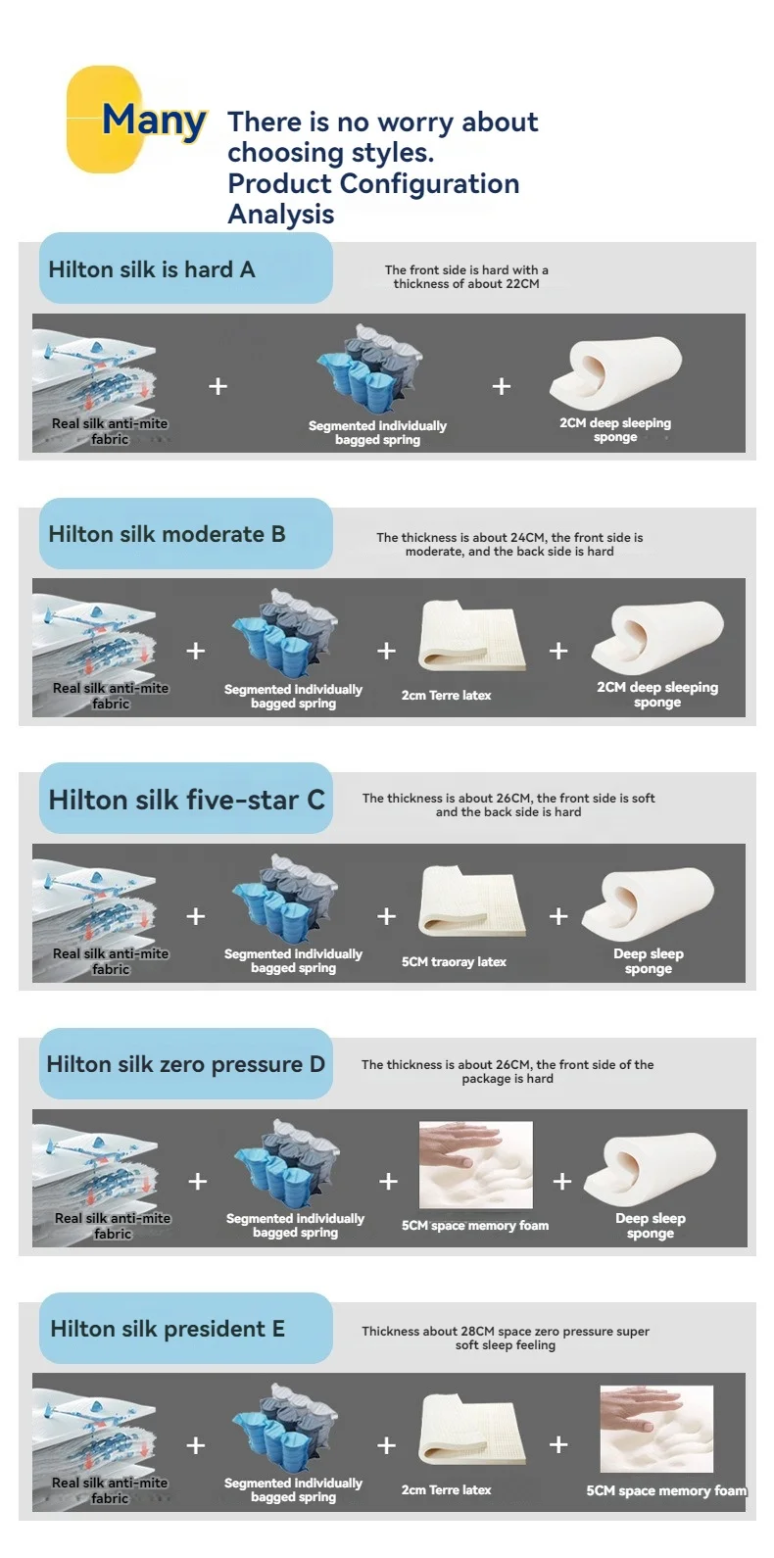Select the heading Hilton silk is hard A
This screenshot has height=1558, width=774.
[152, 269]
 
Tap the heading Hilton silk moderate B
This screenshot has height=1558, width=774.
[167, 534]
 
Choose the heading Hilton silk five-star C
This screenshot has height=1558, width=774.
[186, 800]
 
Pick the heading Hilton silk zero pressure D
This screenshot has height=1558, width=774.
[186, 1064]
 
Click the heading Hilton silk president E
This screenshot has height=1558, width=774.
[168, 1329]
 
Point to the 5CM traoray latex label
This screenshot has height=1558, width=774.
[454, 962]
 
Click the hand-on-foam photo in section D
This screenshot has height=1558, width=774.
[475, 1164]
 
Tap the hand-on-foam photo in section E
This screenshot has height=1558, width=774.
[656, 1429]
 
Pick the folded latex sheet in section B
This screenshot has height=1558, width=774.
[471, 635]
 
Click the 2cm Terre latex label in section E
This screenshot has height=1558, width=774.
[447, 1489]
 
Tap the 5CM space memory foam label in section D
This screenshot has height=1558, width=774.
[475, 1226]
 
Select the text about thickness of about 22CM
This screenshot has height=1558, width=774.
[466, 277]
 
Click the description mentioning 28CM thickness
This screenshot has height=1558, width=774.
[506, 1339]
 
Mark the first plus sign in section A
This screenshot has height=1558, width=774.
[218, 386]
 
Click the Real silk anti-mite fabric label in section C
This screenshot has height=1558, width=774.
[111, 961]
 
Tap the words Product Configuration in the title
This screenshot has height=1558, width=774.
[373, 183]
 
